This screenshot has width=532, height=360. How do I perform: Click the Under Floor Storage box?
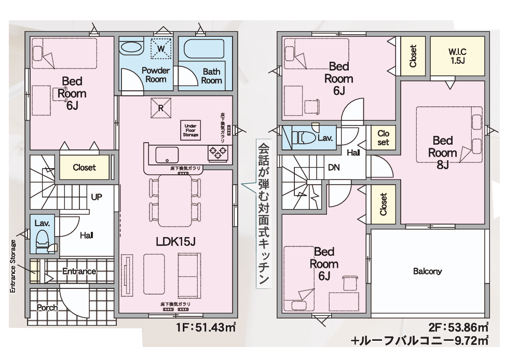tap(190, 130)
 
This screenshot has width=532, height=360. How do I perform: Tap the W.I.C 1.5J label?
tap(457, 56)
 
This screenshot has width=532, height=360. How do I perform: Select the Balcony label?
tap(428, 271)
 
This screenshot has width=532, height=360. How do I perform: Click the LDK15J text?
tap(175, 241)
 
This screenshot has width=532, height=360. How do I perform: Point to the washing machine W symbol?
tap(161, 49)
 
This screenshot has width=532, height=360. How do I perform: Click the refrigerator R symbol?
tap(161, 108)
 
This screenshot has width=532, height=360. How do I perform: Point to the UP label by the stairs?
tap(97, 197)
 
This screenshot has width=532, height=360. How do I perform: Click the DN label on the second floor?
tap(334, 168)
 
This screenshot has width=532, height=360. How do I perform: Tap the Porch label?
tap(47, 308)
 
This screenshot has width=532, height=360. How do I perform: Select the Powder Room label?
tap(156, 75)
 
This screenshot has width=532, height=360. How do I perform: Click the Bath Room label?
tap(211, 76)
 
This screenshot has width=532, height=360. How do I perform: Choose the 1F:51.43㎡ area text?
tap(206, 328)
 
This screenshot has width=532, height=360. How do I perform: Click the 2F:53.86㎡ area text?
tap(458, 327)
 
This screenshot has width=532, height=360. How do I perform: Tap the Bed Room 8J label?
tap(442, 153)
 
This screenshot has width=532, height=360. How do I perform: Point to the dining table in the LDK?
tap(175, 201)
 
